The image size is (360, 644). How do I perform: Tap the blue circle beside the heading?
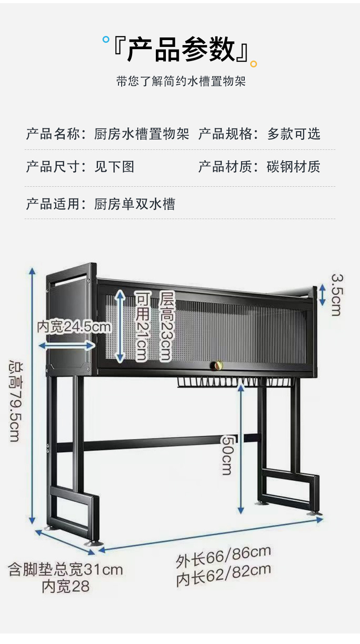click(106, 40)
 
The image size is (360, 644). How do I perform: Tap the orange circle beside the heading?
click(253, 64)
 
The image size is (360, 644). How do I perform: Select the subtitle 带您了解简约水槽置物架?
click(181, 82)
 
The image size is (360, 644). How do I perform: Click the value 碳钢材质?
click(293, 167)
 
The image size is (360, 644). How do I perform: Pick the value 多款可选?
click(294, 134)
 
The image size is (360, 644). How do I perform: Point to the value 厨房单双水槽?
click(134, 204)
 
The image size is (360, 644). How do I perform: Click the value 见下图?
click(114, 167)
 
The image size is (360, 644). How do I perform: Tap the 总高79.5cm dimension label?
click(15, 402)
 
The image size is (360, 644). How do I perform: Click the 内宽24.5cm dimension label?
click(74, 327)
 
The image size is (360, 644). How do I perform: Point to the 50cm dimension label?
click(227, 454)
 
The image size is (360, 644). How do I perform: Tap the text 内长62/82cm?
click(223, 575)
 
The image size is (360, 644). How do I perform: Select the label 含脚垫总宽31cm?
click(66, 569)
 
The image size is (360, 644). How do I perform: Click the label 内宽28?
click(66, 586)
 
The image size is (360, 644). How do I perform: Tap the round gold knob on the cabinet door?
click(216, 365)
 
